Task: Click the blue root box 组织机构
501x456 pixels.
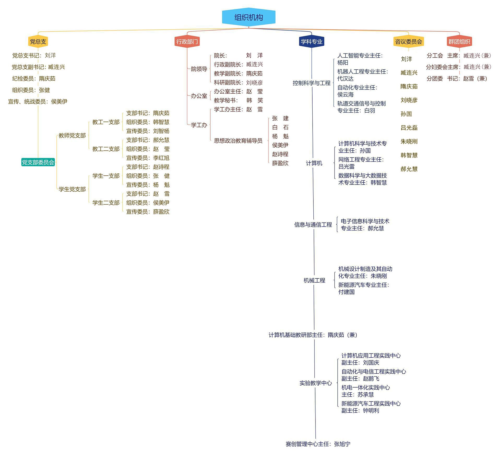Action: (x=248, y=17)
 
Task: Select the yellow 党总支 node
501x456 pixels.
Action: (x=38, y=41)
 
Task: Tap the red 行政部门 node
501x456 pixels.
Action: (x=187, y=41)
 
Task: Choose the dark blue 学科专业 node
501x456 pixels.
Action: (x=312, y=41)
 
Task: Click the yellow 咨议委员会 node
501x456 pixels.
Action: (x=408, y=41)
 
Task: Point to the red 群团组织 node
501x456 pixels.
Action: (x=459, y=41)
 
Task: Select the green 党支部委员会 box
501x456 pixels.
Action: (x=38, y=162)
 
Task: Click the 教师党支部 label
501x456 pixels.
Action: (x=72, y=136)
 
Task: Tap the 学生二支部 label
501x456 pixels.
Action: (x=106, y=203)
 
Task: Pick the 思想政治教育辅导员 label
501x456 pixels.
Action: (x=238, y=141)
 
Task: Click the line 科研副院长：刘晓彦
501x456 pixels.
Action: (x=238, y=83)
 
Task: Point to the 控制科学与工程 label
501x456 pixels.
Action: (x=312, y=83)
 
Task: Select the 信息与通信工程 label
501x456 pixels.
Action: (x=313, y=225)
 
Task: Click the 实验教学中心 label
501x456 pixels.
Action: (x=316, y=383)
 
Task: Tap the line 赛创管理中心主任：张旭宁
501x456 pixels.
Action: (x=318, y=444)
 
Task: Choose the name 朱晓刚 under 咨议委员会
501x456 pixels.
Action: (x=409, y=142)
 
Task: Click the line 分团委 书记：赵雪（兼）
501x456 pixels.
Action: (x=457, y=78)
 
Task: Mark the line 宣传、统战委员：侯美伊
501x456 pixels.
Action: (x=38, y=101)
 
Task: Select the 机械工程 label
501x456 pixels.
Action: (x=314, y=281)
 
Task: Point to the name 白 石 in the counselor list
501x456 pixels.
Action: (x=280, y=127)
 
